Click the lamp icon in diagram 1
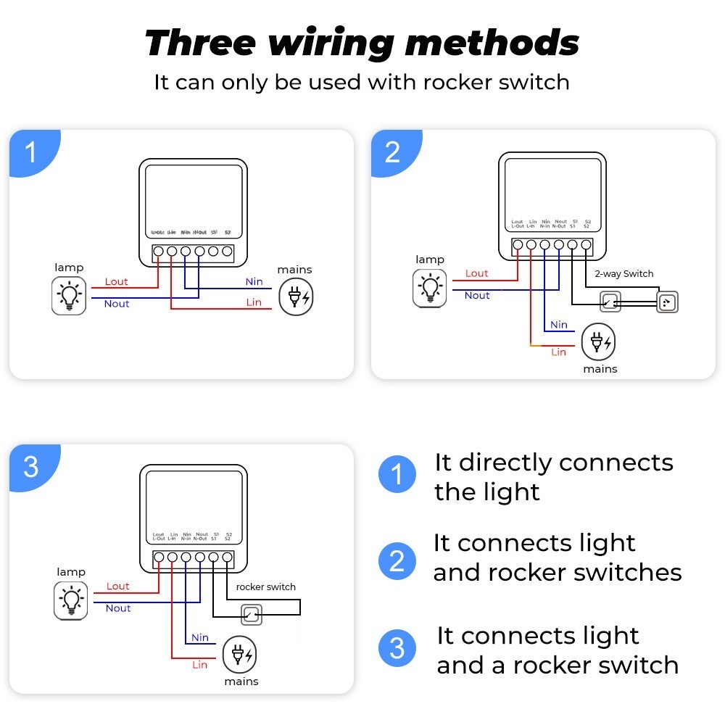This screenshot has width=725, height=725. pyautogui.click(x=69, y=296)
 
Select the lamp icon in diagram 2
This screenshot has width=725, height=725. pyautogui.click(x=431, y=288)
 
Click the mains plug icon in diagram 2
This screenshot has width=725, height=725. pyautogui.click(x=600, y=341)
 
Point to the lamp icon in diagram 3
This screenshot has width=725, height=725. pyautogui.click(x=71, y=601)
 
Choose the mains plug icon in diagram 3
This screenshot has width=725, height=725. pyautogui.click(x=239, y=655)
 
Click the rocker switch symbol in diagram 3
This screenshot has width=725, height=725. pyautogui.click(x=251, y=616)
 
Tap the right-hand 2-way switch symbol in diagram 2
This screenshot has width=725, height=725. pyautogui.click(x=667, y=302)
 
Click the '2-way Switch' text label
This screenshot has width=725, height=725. pyautogui.click(x=623, y=274)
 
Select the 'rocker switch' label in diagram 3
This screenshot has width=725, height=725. pyautogui.click(x=266, y=587)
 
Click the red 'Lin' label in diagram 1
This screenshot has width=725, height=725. pyautogui.click(x=254, y=302)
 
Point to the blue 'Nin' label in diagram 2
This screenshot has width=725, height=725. pyautogui.click(x=558, y=325)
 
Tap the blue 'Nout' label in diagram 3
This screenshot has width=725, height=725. pyautogui.click(x=118, y=608)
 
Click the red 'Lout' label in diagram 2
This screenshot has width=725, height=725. pyautogui.click(x=476, y=273)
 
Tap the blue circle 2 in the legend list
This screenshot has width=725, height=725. pyautogui.click(x=397, y=561)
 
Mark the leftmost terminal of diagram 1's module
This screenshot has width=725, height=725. pyautogui.click(x=158, y=252)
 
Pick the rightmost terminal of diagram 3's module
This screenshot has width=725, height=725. pyautogui.click(x=228, y=558)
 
